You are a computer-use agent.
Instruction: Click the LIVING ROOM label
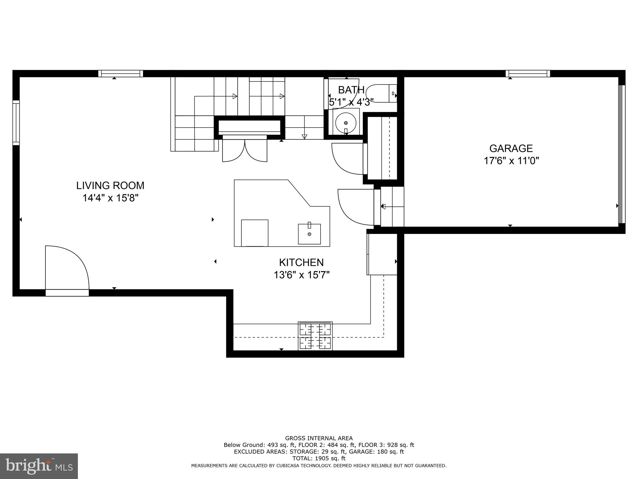[110, 186]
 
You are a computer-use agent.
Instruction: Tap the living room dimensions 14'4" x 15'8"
[110, 198]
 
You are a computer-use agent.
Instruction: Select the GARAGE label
[511, 148]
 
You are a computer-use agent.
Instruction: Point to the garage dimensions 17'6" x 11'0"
[511, 161]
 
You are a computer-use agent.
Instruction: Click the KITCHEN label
[301, 262]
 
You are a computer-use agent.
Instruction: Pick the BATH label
[351, 90]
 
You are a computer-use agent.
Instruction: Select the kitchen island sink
[309, 234]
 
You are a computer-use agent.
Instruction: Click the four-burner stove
[315, 336]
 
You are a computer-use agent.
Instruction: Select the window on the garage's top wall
[528, 74]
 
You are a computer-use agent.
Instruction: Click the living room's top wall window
[121, 74]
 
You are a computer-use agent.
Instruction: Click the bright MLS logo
[39, 466]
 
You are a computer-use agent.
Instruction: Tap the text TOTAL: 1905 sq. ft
[319, 458]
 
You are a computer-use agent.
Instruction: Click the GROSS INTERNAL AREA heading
[319, 438]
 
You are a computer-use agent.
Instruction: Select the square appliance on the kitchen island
[255, 233]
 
